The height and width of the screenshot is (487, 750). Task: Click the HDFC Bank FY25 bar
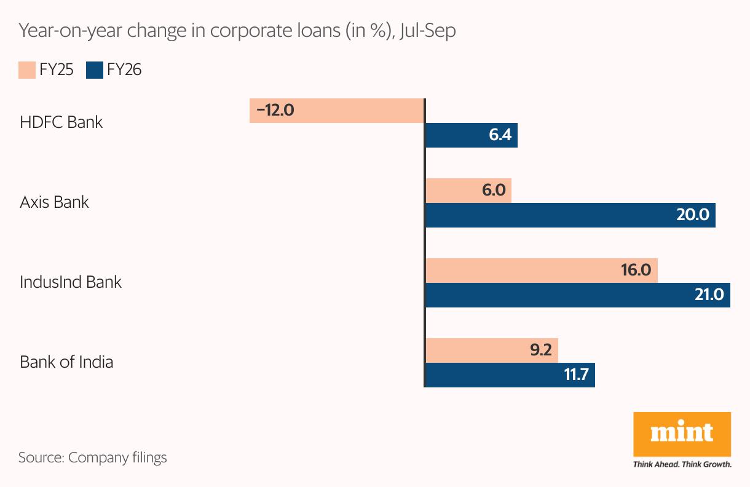pyautogui.click(x=337, y=111)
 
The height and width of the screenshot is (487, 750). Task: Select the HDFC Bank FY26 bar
pyautogui.click(x=471, y=135)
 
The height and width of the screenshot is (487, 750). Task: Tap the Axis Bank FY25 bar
pyautogui.click(x=468, y=191)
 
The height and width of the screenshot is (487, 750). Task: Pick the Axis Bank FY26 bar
pyautogui.click(x=570, y=215)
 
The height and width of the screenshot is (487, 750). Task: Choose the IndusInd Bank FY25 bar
pyautogui.click(x=541, y=271)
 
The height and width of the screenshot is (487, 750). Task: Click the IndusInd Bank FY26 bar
pyautogui.click(x=577, y=295)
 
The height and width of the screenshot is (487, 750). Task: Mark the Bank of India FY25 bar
pyautogui.click(x=491, y=350)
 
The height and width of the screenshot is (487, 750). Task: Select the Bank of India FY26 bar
pyautogui.click(x=510, y=375)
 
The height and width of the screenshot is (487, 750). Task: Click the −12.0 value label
pyautogui.click(x=275, y=111)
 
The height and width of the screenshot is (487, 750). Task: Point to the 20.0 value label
pyautogui.click(x=693, y=215)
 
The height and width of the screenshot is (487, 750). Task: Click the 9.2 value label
pyautogui.click(x=540, y=350)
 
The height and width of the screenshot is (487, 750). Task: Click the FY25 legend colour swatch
pyautogui.click(x=27, y=70)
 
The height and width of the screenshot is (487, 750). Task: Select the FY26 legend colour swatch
pyautogui.click(x=95, y=70)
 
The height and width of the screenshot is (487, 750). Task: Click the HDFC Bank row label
pyautogui.click(x=61, y=122)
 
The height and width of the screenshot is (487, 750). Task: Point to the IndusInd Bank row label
pyautogui.click(x=71, y=282)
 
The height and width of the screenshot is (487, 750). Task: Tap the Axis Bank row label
pyautogui.click(x=54, y=202)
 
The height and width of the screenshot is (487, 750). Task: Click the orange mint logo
pyautogui.click(x=682, y=434)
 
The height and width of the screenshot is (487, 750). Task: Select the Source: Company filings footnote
pyautogui.click(x=93, y=457)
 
